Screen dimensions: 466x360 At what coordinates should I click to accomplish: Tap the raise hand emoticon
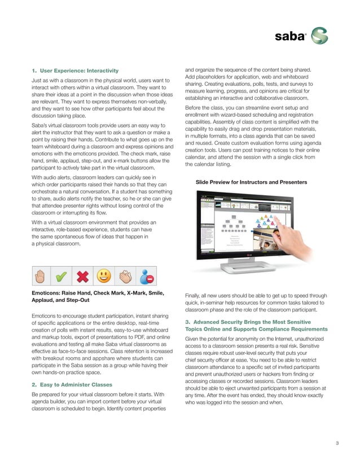(x=39, y=276)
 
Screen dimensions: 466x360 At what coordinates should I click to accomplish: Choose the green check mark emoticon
(x=61, y=276)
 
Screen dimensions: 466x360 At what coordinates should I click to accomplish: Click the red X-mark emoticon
(x=82, y=276)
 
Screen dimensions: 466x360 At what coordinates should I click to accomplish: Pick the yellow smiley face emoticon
(x=104, y=276)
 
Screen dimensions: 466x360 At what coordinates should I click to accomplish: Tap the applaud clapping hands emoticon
(x=125, y=276)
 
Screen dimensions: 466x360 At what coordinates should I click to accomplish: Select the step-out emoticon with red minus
(x=147, y=276)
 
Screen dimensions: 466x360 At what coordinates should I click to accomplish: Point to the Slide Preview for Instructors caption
(x=251, y=182)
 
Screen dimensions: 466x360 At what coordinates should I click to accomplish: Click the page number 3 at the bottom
(x=336, y=442)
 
